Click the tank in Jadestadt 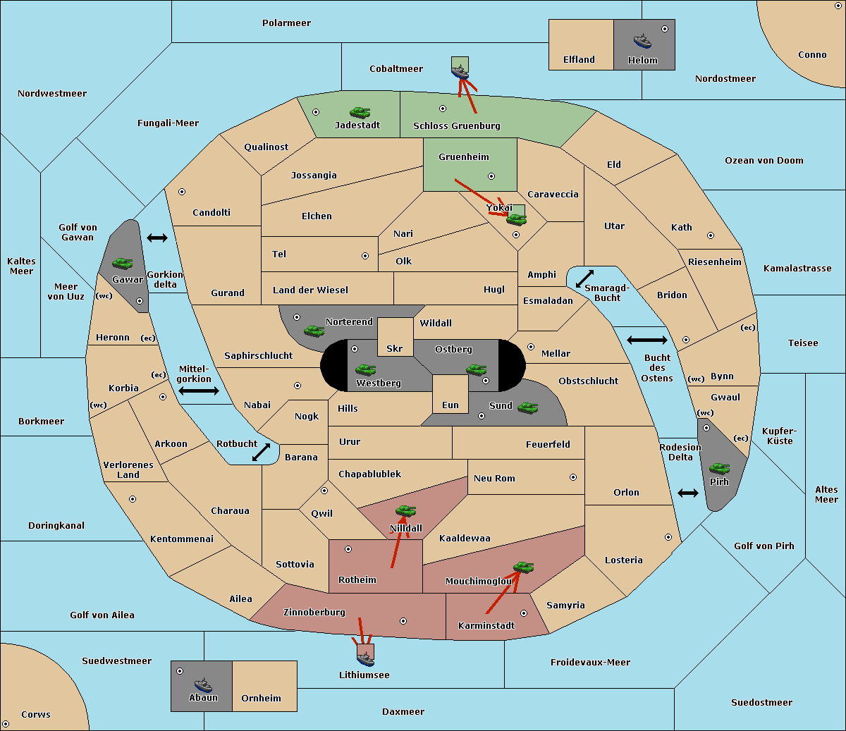tap(360, 112)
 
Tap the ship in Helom tap(642, 41)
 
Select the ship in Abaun tap(204, 685)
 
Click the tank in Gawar tap(123, 263)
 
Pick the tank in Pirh tap(720, 468)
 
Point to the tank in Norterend tap(314, 331)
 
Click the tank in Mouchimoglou tap(524, 567)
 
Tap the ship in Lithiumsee tap(365, 659)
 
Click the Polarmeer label tap(286, 23)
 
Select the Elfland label tap(579, 60)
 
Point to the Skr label tap(395, 348)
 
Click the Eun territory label tap(450, 405)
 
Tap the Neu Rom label tap(494, 478)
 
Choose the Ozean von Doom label tap(764, 161)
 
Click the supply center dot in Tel tap(365, 256)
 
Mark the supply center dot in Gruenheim tap(491, 176)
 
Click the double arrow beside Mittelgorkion tap(199, 391)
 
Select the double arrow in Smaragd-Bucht tap(584, 278)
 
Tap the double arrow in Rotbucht tap(261, 452)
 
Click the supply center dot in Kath tap(711, 235)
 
